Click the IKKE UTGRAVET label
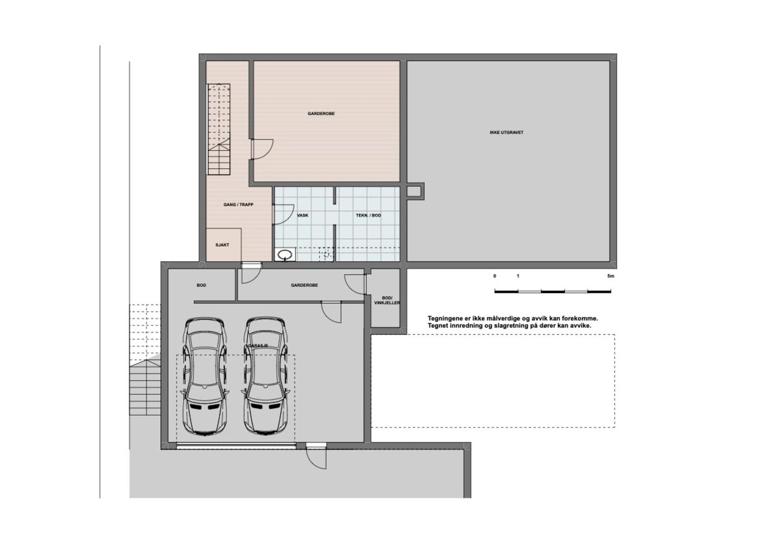[x=506, y=132]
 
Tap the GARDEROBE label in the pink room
[x=321, y=113]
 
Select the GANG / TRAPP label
[x=238, y=205]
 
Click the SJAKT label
[x=222, y=245]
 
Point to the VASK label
[x=303, y=215]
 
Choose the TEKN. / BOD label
[x=368, y=215]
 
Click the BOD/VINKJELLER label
[x=387, y=301]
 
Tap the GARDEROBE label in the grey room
[x=304, y=285]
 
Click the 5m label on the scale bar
[x=610, y=276]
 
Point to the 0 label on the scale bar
[x=494, y=276]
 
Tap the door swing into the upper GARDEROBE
[x=262, y=149]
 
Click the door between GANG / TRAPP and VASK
[x=284, y=214]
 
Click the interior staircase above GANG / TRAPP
[x=218, y=129]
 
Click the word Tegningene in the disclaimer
[x=443, y=319]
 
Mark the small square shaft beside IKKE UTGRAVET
[x=415, y=191]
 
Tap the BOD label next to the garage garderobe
[x=201, y=285]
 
